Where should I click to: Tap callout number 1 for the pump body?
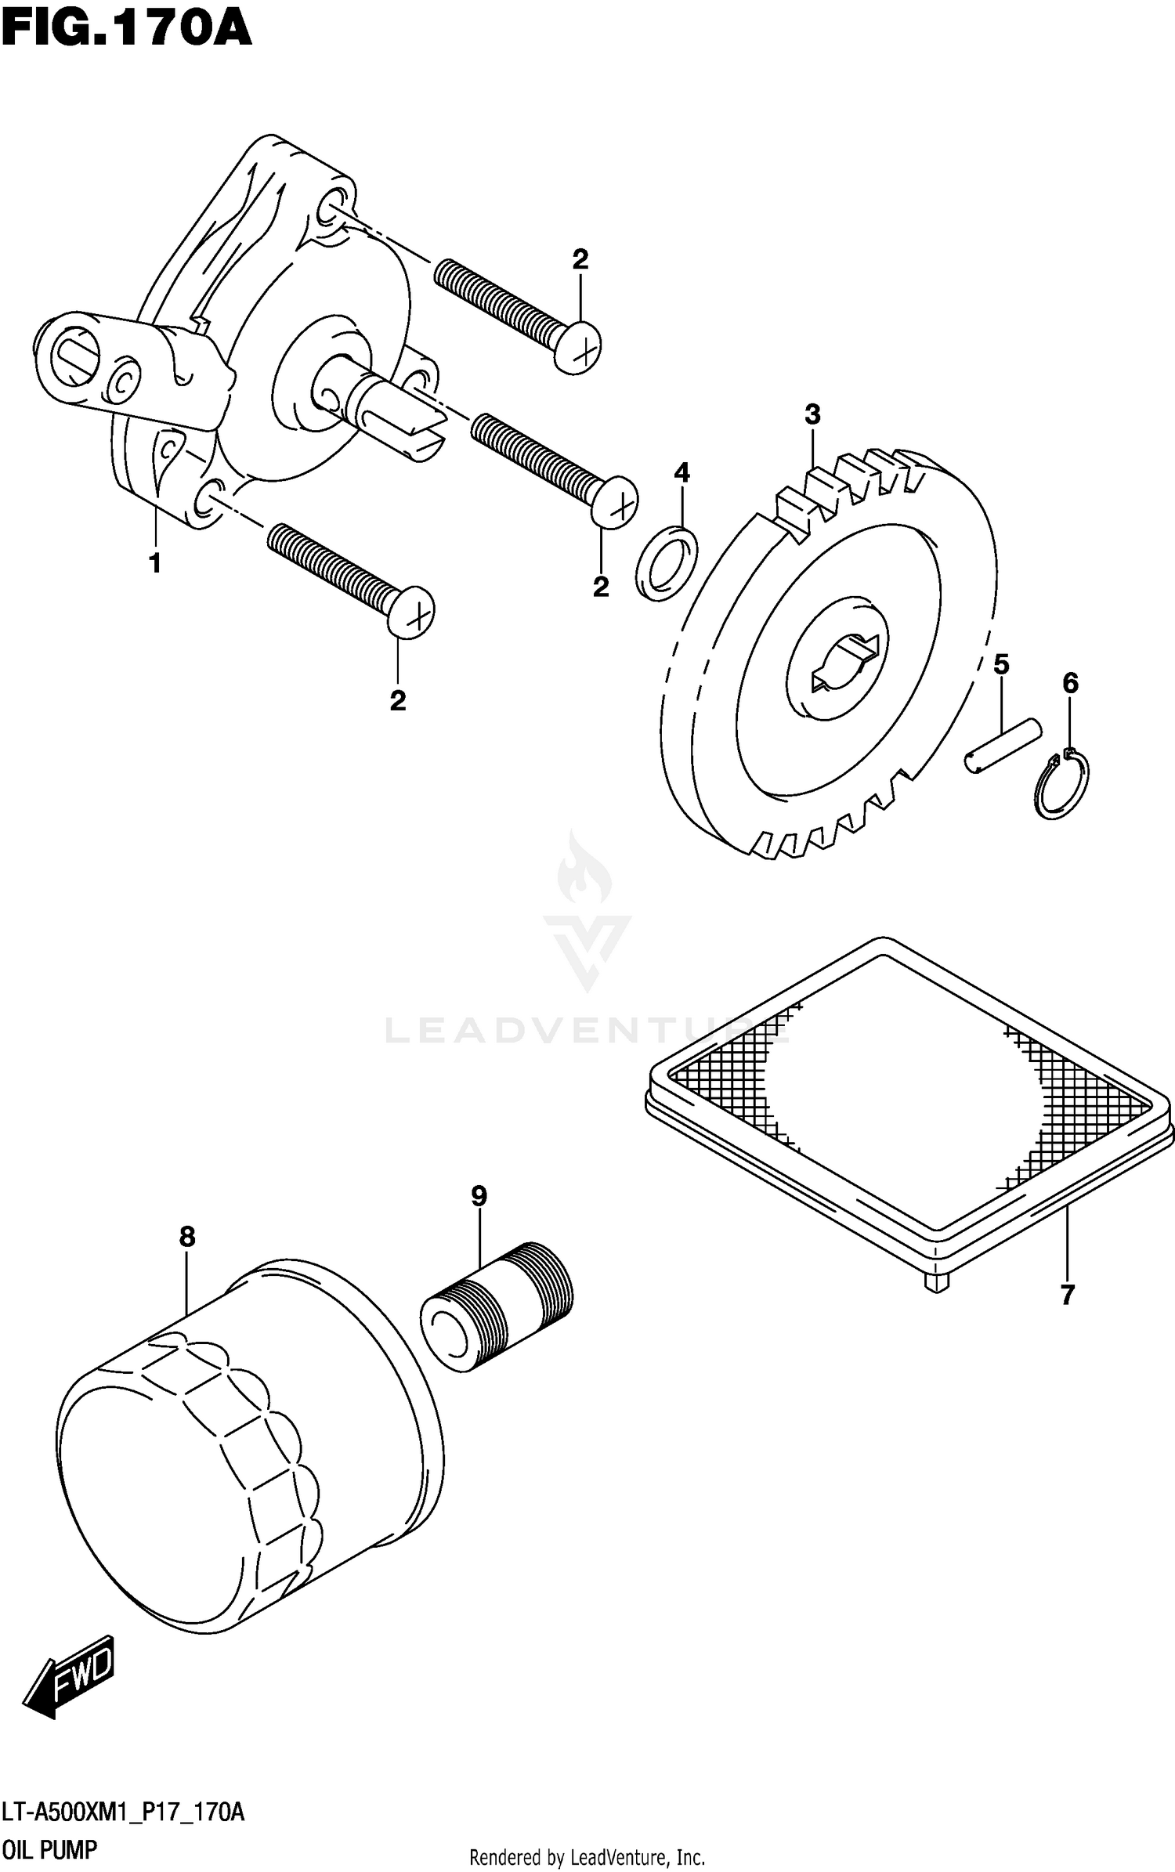[155, 562]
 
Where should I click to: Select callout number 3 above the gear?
[812, 414]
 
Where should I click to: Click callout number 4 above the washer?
[681, 472]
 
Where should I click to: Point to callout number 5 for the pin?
[1000, 664]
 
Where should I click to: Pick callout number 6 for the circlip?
[1070, 683]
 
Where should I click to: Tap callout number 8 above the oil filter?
[186, 1237]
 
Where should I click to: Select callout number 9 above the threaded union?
[479, 1196]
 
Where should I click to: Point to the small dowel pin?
[1003, 746]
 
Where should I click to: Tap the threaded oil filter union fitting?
[497, 1306]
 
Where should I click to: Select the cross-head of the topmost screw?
[579, 348]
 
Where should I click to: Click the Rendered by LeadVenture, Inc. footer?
[587, 1857]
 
